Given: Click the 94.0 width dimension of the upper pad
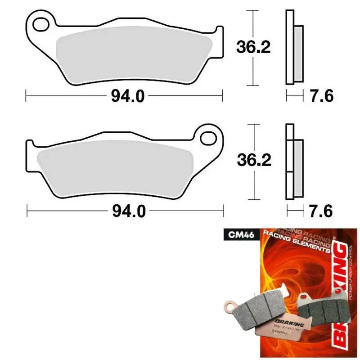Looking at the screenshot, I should pos(124,96).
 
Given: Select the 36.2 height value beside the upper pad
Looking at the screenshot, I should pos(253,46).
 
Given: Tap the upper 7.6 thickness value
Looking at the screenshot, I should pos(321,96).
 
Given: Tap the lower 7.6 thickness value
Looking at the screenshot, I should pos(321,210).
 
